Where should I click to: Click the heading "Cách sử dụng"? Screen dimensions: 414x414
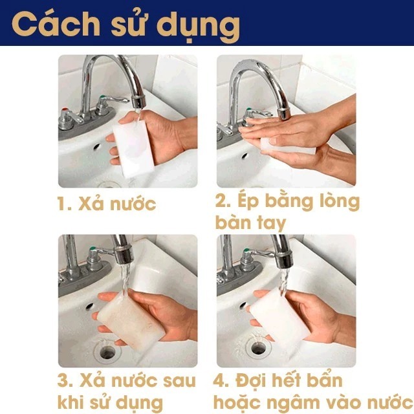(126, 24)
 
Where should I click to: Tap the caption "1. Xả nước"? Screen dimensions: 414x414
(107, 204)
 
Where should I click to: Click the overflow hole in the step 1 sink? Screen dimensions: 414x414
(96, 147)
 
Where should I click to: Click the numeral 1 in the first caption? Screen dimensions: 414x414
(63, 204)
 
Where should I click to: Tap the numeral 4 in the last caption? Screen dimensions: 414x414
(222, 380)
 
